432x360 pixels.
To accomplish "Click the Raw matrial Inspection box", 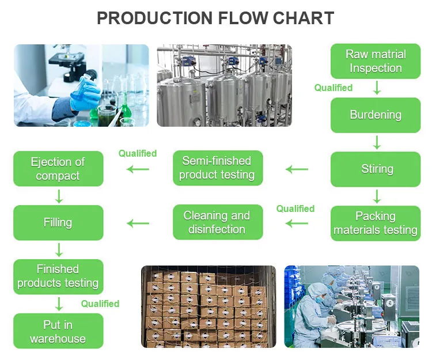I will click(376, 62).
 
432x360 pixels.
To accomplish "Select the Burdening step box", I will click(376, 115).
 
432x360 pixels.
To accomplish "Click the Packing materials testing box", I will click(376, 223).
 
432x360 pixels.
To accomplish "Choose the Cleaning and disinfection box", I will click(217, 222).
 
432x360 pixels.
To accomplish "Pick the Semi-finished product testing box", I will click(217, 168).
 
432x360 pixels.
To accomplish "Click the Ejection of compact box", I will click(58, 169).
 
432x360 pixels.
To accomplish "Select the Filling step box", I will click(58, 222).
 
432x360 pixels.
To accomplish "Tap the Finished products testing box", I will click(58, 276).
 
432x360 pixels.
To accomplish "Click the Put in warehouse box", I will click(58, 331).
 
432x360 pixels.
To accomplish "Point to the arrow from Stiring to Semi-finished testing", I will click(297, 169).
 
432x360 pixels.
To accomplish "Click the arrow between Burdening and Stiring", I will click(377, 142).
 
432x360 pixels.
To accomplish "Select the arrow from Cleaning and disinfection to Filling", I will click(138, 223).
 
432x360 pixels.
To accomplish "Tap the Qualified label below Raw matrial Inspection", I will click(333, 88).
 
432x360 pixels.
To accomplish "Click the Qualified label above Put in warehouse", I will click(100, 304).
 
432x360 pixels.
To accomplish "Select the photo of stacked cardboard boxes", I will click(209, 306).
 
